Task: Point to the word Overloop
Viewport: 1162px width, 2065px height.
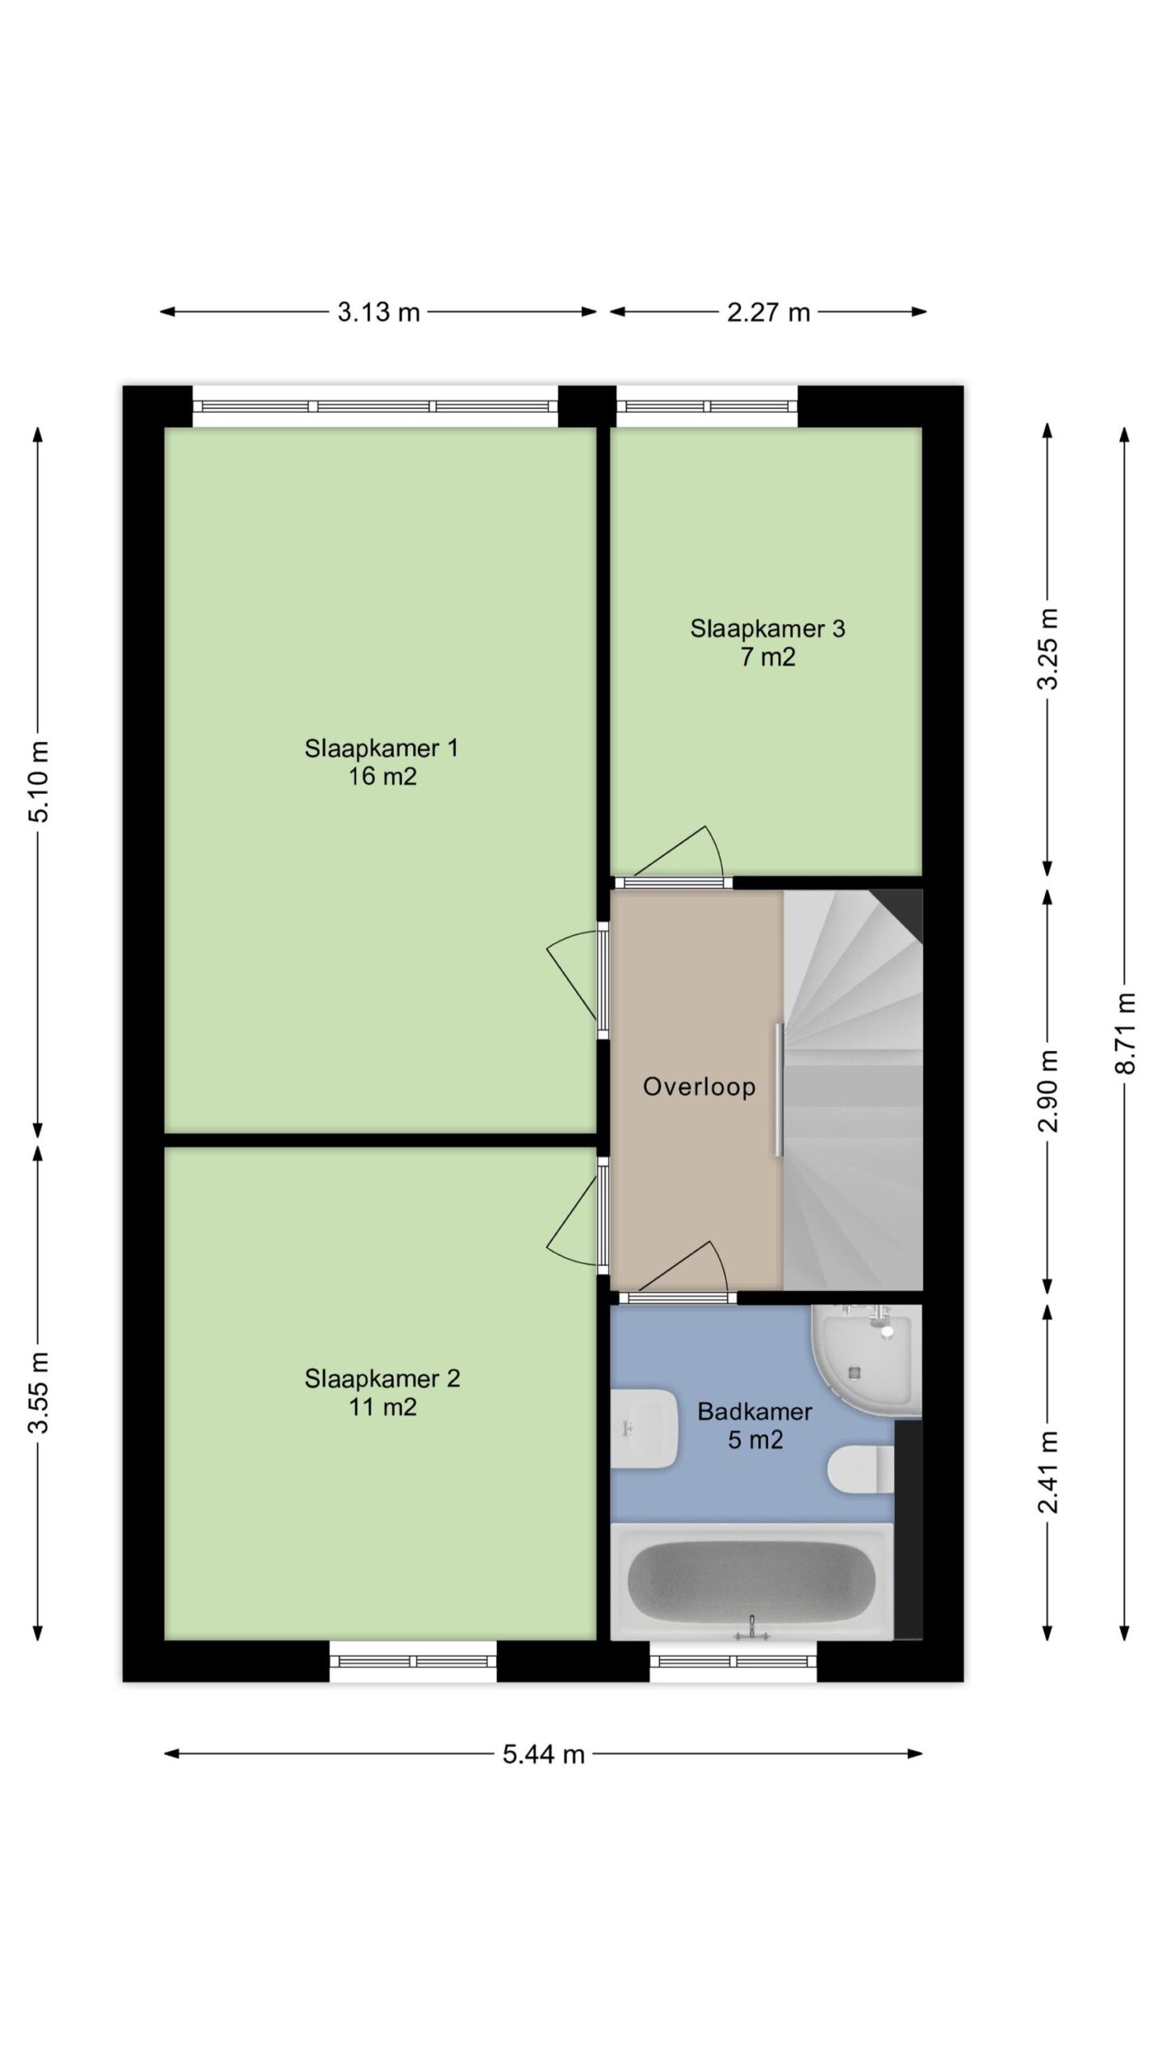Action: (x=699, y=1087)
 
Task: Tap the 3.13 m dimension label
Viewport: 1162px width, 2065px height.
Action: (x=378, y=312)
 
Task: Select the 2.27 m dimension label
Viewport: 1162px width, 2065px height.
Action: (x=768, y=312)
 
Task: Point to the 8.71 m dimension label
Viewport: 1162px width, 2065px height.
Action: (x=1126, y=1032)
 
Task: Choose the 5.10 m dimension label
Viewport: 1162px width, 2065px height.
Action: (x=39, y=781)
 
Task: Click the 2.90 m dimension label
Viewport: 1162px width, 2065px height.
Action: (x=1048, y=1091)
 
